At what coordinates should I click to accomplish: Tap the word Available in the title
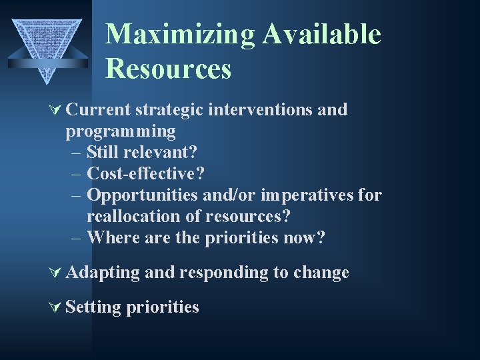321,34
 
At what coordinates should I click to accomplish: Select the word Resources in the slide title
168,69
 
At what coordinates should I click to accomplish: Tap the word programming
120,131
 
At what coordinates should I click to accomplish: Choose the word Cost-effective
145,173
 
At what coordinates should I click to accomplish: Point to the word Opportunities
143,195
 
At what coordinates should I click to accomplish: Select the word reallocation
133,216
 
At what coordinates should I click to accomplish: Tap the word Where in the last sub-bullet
110,237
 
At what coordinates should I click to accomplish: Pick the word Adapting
103,273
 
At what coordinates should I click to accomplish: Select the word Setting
95,307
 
